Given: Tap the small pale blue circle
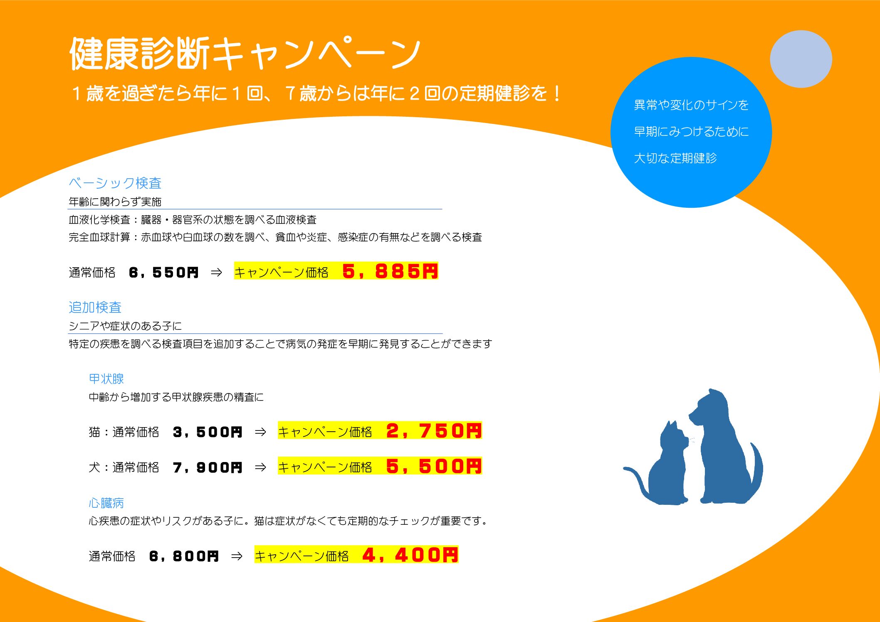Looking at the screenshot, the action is pos(801,59).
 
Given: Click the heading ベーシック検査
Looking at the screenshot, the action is pos(115,183).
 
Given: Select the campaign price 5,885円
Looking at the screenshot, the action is pos(390,271).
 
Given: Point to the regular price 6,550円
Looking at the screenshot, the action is pos(164,273).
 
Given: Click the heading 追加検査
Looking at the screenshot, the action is pos(95,307).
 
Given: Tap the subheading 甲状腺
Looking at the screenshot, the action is pos(106,379).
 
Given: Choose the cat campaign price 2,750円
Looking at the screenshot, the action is pos(434,430).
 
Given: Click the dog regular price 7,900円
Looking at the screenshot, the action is pos(208,467).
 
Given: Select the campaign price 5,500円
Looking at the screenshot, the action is pos(434,466).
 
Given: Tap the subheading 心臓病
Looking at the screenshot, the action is pos(106,503).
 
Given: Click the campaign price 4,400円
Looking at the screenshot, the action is pos(410,555).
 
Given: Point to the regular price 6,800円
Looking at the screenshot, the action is pos(184,556).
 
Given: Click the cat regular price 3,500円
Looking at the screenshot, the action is pos(208,432).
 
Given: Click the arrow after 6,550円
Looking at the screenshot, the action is pos(216,273).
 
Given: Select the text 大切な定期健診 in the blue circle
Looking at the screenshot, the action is pos(675,158).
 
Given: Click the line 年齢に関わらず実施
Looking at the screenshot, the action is pos(115,202).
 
